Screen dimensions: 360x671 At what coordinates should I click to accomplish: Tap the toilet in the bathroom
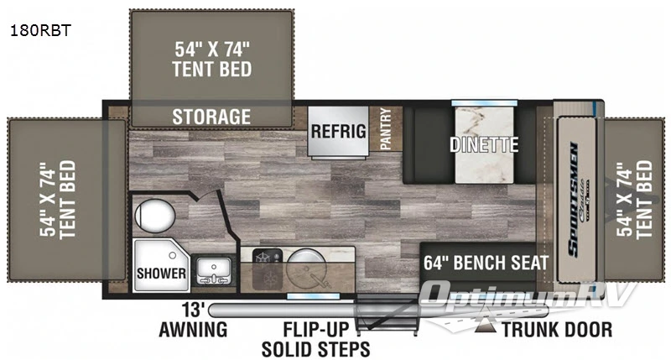tap(153, 215)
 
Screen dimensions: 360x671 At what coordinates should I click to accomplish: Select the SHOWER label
tap(160, 273)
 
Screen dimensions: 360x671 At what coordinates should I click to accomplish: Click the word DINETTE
tap(484, 143)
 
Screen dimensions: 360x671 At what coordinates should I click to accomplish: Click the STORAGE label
tap(212, 116)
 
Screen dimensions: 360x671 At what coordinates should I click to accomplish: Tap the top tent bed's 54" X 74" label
tap(212, 58)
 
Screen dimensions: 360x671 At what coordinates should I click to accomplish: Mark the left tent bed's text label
tap(57, 198)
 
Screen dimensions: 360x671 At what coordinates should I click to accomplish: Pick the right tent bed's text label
tap(634, 198)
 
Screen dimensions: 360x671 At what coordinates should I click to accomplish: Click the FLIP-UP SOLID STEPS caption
tap(315, 337)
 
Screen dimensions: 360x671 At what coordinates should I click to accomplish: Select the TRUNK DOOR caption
tap(557, 329)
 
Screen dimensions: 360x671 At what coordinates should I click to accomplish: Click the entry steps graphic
tap(387, 319)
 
